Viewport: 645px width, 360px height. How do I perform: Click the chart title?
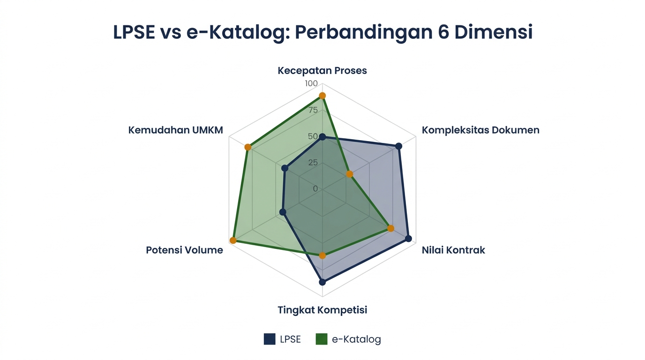pos(322,32)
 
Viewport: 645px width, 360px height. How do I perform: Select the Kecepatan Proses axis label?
pos(322,71)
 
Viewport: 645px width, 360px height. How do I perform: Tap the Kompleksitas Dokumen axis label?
pos(480,130)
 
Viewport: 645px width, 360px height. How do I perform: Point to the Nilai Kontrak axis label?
pos(453,250)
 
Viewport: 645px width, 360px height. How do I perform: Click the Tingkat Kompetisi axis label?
pos(322,310)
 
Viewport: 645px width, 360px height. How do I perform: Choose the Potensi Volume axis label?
pos(184,250)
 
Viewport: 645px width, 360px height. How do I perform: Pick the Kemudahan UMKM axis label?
pos(176,130)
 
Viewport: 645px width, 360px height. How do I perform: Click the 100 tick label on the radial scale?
pos(311,83)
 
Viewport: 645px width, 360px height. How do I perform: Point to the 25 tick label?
pos(313,163)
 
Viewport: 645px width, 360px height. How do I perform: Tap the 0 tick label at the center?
pos(315,188)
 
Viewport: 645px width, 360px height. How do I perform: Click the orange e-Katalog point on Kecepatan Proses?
pos(322,96)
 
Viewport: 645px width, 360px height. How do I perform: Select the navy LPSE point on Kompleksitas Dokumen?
pos(398,146)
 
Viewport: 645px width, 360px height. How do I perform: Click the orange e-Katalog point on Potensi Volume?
pos(233,240)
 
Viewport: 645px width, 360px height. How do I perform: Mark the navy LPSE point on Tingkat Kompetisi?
pos(322,282)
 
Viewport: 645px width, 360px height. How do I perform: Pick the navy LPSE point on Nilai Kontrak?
pos(408,239)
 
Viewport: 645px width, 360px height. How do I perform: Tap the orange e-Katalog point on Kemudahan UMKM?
pos(248,148)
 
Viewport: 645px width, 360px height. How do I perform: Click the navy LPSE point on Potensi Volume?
pos(283,212)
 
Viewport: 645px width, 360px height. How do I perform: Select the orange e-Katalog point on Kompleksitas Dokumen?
pos(349,174)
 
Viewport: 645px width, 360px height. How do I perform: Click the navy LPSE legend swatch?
pos(270,339)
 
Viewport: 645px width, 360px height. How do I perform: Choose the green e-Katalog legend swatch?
pos(322,339)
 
